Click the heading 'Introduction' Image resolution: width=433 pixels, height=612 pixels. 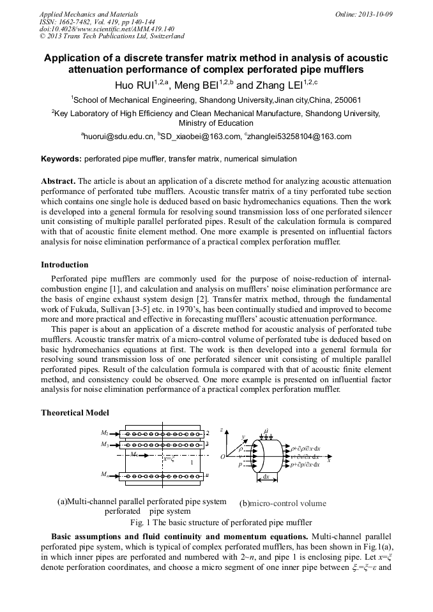coord(65,265)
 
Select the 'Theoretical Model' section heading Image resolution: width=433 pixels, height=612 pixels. coord(75,413)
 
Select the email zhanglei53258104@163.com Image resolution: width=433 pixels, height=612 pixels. coord(300,137)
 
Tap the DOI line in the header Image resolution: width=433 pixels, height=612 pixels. coord(107,29)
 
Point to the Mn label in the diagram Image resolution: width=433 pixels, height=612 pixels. coord(105,475)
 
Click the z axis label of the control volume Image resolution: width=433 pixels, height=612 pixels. coord(222,430)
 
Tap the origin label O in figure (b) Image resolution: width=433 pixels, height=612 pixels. coord(223,457)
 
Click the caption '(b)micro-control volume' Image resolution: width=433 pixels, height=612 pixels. coord(282,503)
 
